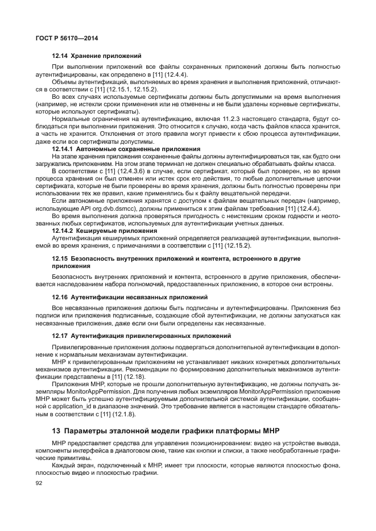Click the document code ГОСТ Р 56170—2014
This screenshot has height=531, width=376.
pyautogui.click(x=67, y=38)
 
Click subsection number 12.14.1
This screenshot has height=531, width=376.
pyautogui.click(x=65, y=149)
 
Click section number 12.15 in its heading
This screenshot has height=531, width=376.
pyautogui.click(x=60, y=259)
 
